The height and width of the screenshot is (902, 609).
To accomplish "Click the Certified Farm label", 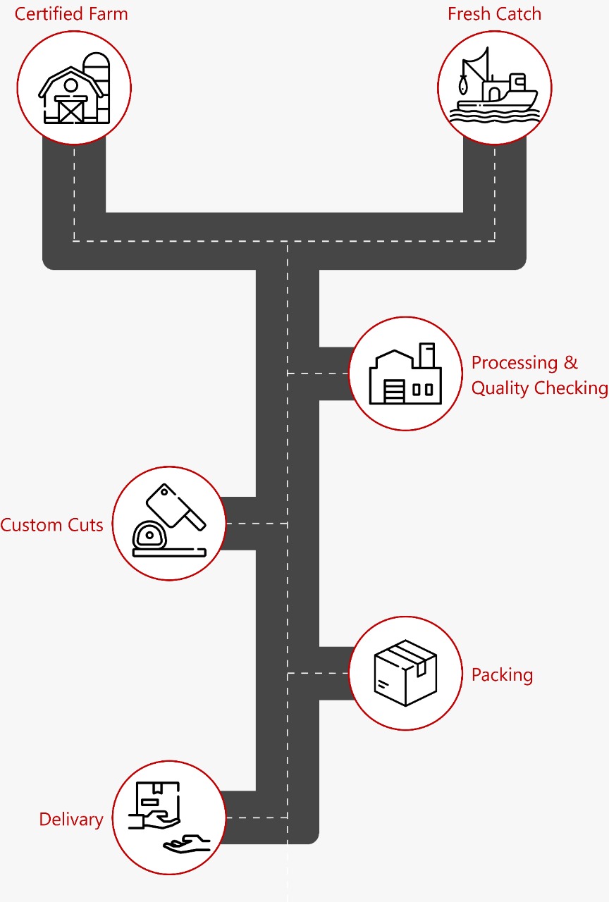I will pyautogui.click(x=71, y=14).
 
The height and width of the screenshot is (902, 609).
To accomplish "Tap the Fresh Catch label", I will pyautogui.click(x=494, y=14).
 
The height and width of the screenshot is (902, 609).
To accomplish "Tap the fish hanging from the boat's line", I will pyautogui.click(x=462, y=85).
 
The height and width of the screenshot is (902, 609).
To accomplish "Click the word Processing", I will pyautogui.click(x=515, y=363).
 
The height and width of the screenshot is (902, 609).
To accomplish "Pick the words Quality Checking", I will pyautogui.click(x=539, y=388).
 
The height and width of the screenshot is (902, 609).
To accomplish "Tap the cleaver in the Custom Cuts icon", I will pyautogui.click(x=176, y=506).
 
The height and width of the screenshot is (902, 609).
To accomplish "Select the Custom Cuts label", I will pyautogui.click(x=51, y=525).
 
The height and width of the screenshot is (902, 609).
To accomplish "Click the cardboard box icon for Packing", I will pyautogui.click(x=405, y=672).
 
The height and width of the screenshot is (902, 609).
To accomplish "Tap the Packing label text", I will pyautogui.click(x=502, y=674).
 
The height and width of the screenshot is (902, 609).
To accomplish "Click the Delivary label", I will pyautogui.click(x=70, y=820).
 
